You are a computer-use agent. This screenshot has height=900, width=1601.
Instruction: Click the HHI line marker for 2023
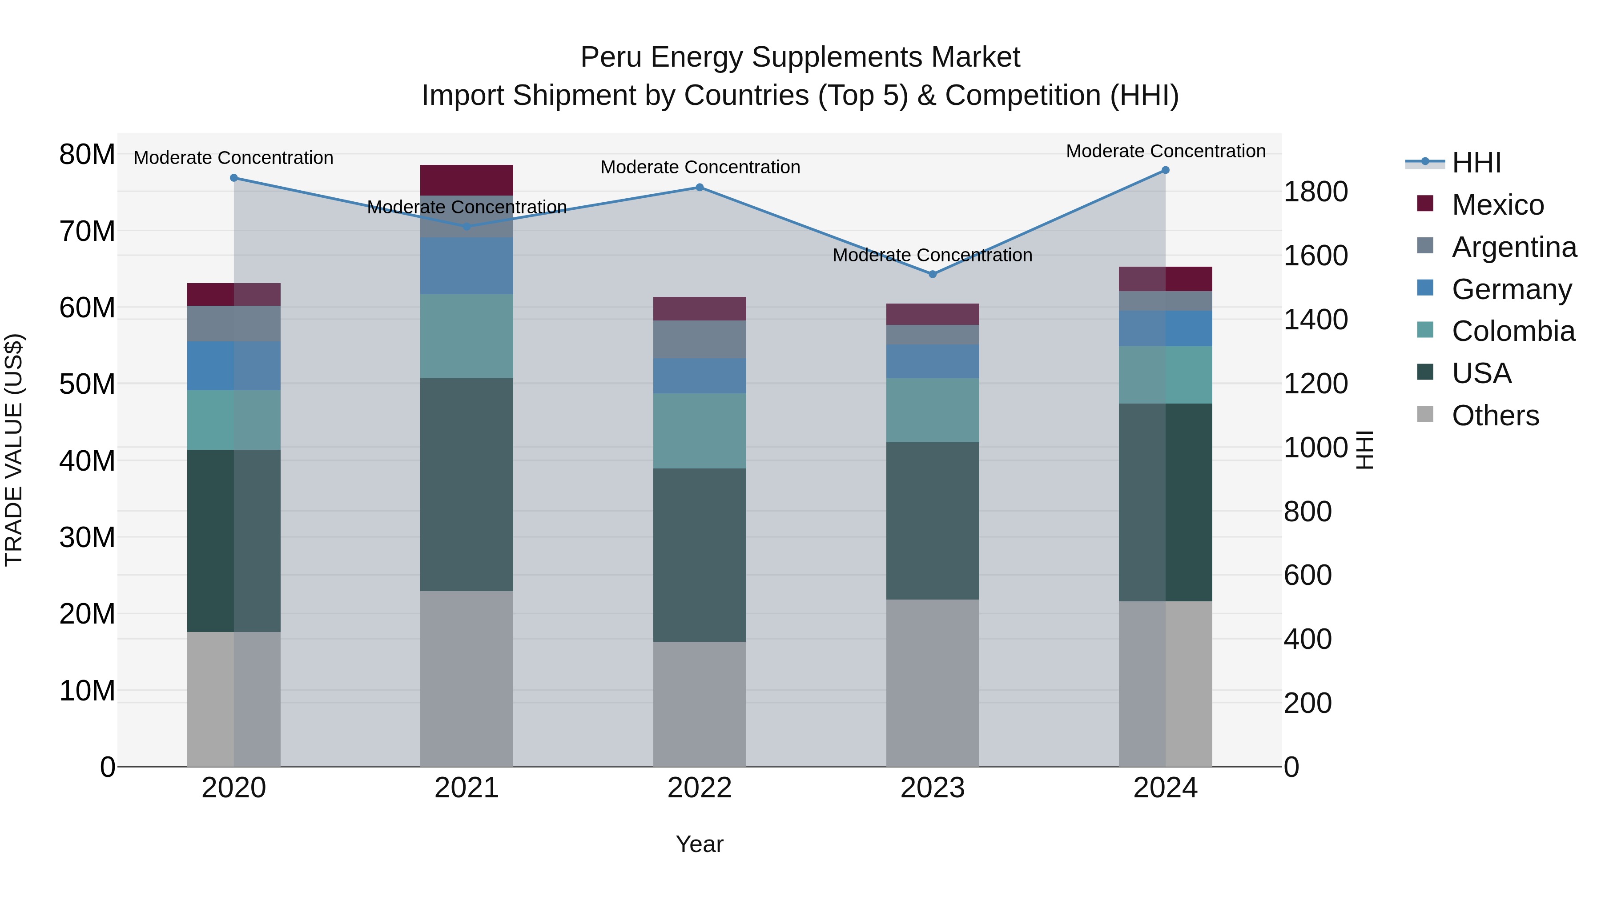pyautogui.click(x=932, y=274)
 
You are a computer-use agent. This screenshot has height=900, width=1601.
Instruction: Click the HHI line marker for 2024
pyautogui.click(x=1165, y=170)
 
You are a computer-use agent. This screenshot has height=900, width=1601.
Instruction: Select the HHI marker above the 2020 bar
pyautogui.click(x=233, y=178)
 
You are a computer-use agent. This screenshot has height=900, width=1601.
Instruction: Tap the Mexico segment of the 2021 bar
pyautogui.click(x=467, y=180)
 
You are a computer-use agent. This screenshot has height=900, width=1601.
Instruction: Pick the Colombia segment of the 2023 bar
pyautogui.click(x=932, y=410)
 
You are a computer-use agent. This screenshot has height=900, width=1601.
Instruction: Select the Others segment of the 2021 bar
pyautogui.click(x=467, y=678)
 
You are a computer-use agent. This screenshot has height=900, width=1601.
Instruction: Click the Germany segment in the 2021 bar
pyautogui.click(x=467, y=265)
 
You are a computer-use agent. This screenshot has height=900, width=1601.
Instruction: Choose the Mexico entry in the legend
pyautogui.click(x=1498, y=205)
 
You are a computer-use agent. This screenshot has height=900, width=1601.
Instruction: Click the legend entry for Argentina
pyautogui.click(x=1514, y=247)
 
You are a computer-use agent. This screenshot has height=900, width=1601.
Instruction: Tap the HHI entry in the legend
pyautogui.click(x=1476, y=163)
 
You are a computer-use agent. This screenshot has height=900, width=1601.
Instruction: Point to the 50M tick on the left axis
pyautogui.click(x=87, y=384)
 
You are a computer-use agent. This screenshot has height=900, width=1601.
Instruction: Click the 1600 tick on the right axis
pyautogui.click(x=1315, y=256)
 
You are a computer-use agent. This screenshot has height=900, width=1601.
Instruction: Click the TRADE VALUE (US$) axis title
pyautogui.click(x=14, y=450)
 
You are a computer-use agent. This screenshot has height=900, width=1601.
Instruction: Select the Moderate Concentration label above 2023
pyautogui.click(x=932, y=255)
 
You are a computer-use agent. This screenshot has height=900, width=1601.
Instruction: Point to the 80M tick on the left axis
pyautogui.click(x=87, y=155)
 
